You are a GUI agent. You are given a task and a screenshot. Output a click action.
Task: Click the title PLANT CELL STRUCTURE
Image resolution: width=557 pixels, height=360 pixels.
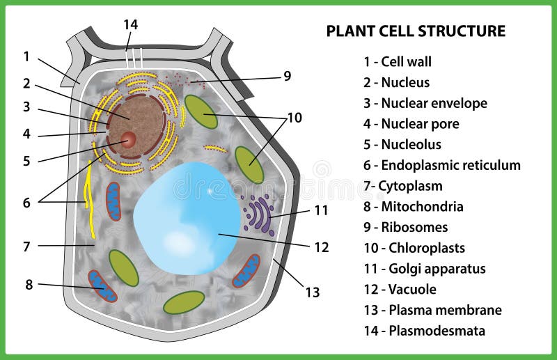pyautogui.click(x=416, y=31)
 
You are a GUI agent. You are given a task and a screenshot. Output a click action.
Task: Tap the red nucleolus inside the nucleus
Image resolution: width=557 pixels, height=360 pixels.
pyautogui.click(x=128, y=139)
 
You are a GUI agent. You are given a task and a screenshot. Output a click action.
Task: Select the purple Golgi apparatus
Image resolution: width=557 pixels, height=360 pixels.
pyautogui.click(x=259, y=215)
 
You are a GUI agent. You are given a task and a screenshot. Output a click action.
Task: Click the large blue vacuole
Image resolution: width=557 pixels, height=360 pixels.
pyautogui.click(x=187, y=218)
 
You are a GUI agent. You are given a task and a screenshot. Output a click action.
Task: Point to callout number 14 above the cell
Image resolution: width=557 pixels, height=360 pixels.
pyautogui.click(x=130, y=24)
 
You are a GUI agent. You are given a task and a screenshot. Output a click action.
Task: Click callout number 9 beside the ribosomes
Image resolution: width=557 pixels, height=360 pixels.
pyautogui.click(x=288, y=76)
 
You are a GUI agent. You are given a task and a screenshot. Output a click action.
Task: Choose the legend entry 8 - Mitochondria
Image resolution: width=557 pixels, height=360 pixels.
pyautogui.click(x=413, y=207)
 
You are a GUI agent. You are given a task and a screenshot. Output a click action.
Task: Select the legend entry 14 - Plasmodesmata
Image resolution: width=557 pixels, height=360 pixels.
pyautogui.click(x=424, y=331)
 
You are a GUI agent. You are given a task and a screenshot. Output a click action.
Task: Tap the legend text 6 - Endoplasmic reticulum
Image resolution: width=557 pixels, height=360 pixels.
pyautogui.click(x=442, y=165)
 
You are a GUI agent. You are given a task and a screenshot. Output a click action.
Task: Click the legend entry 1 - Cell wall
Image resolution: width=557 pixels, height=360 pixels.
pyautogui.click(x=398, y=61)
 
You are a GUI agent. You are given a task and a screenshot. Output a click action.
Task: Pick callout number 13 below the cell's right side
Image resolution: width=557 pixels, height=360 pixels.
pyautogui.click(x=313, y=292)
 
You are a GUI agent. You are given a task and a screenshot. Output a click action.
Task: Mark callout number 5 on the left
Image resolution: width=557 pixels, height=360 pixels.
pyautogui.click(x=26, y=161)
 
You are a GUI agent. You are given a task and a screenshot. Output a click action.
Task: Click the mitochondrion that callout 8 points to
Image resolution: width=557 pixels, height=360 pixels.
pyautogui.click(x=102, y=286)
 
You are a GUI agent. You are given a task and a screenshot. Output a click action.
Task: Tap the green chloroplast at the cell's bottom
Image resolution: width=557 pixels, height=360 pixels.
pyautogui.click(x=184, y=302)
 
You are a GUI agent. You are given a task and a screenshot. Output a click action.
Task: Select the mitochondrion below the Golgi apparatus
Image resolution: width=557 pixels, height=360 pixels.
pyautogui.click(x=246, y=271)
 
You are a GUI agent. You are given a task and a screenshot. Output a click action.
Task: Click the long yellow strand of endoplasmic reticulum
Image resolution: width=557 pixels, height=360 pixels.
pyautogui.click(x=89, y=199)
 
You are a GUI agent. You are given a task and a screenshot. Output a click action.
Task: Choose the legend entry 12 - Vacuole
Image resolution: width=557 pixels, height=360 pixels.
pyautogui.click(x=400, y=289)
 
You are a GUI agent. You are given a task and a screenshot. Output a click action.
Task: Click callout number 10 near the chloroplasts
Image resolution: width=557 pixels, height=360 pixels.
pyautogui.click(x=295, y=118)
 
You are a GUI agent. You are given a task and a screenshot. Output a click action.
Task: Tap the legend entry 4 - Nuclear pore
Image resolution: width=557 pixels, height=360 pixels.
pyautogui.click(x=411, y=124)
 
